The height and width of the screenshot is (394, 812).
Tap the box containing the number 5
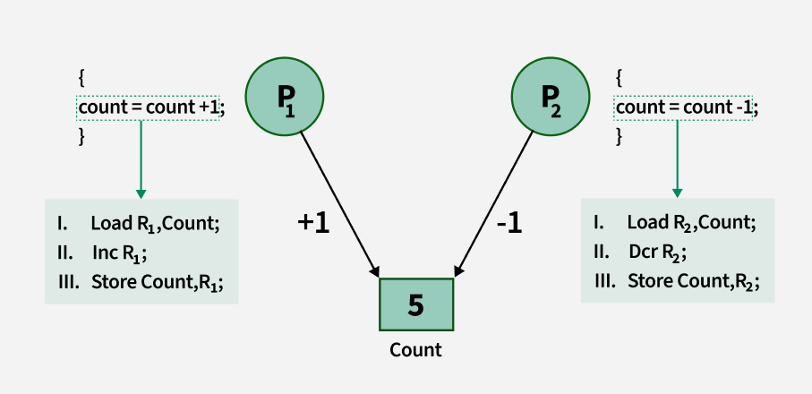415,305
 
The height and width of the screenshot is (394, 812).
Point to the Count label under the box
415,349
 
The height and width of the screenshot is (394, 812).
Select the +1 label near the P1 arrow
313,223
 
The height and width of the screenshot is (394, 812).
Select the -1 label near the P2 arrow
509,223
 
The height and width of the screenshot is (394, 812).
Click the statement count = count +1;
150,107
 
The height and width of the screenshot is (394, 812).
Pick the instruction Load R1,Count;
154,222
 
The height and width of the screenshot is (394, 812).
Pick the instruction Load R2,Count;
691,222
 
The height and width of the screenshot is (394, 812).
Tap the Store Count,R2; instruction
693,281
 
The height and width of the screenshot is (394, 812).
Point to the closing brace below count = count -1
619,136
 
